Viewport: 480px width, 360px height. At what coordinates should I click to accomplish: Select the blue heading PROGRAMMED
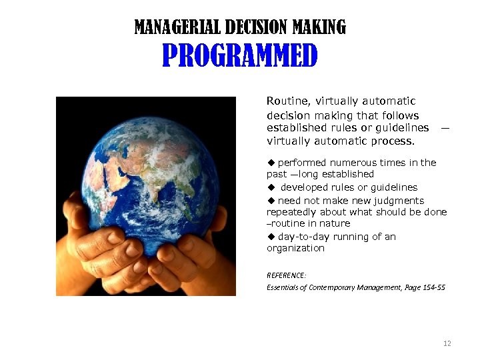click(240, 57)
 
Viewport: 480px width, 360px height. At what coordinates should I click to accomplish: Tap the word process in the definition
click(394, 141)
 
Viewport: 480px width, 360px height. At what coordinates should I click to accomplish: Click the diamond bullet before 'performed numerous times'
click(271, 163)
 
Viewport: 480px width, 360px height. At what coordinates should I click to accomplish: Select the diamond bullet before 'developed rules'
click(271, 188)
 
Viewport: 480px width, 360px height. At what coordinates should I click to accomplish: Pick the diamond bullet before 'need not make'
click(271, 201)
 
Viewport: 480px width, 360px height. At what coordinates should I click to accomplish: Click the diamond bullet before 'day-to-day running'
click(271, 237)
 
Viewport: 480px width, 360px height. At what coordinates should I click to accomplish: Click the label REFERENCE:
click(287, 275)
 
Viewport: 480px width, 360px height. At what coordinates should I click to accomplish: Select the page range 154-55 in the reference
click(431, 287)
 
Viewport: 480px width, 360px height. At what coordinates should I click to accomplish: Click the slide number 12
click(447, 343)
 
